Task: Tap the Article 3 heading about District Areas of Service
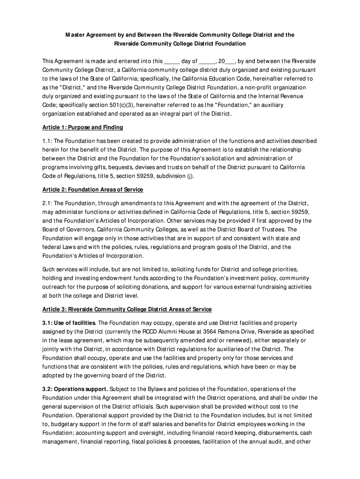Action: [x=127, y=309]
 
